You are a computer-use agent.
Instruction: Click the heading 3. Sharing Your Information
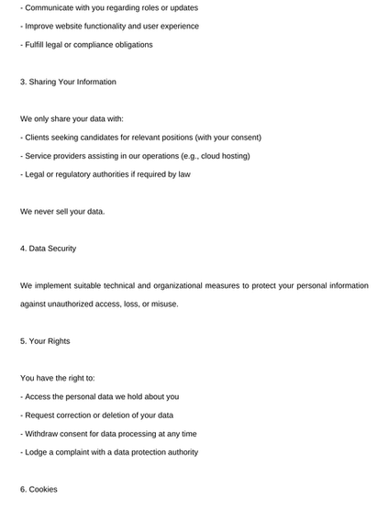(68, 82)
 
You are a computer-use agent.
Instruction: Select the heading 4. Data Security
(48, 249)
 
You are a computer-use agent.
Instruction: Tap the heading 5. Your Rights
(45, 341)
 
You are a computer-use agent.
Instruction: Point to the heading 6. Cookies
(39, 490)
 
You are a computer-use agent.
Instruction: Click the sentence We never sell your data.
(62, 212)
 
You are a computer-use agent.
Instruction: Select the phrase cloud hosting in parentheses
(222, 156)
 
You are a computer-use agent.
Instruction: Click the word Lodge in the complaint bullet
(38, 452)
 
